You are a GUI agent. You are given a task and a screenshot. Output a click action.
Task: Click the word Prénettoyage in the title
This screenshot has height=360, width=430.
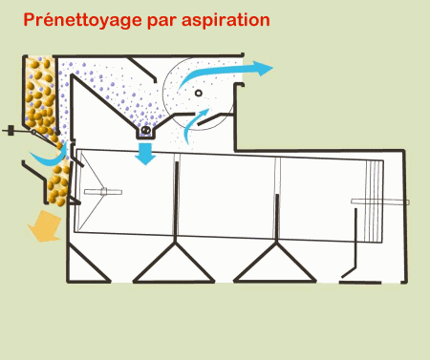[82, 20]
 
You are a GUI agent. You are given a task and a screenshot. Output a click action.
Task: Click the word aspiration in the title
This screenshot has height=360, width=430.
[226, 20]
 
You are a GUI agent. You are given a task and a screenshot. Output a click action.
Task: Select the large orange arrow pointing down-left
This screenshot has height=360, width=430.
[45, 226]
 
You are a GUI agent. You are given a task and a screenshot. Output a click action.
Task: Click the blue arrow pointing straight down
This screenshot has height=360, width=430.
[145, 154]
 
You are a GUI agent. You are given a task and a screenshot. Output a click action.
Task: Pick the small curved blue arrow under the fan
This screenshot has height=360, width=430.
[195, 126]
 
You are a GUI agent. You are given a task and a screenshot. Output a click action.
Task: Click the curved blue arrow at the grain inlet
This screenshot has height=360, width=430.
[50, 159]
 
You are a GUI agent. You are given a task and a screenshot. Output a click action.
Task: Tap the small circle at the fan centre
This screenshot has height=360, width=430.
[199, 94]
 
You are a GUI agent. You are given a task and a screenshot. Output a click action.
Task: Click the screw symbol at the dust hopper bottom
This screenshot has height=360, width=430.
[146, 130]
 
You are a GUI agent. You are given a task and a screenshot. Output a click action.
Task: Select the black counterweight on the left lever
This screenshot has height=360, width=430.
[11, 131]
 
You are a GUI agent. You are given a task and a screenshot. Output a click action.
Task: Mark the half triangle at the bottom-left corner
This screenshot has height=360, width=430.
[87, 265]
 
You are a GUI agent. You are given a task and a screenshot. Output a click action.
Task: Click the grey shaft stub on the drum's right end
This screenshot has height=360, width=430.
[380, 201]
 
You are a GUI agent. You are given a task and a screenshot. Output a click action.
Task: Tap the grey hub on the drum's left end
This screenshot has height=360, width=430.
[103, 192]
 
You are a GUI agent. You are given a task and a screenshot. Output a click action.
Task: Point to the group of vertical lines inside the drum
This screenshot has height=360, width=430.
[374, 201]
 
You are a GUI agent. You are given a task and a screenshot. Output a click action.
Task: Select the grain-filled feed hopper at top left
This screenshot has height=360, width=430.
[40, 95]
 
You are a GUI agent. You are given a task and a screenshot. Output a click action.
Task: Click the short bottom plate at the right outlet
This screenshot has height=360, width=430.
[360, 283]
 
